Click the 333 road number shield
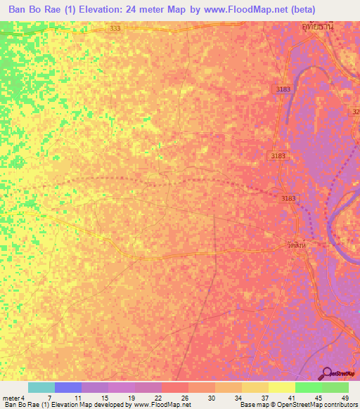click(x=116, y=27)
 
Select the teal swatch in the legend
click(x=41, y=387)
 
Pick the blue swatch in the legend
click(x=68, y=387)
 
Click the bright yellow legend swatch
click(x=282, y=387)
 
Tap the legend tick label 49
click(x=345, y=398)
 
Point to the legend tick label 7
click(x=49, y=398)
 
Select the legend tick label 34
click(x=238, y=398)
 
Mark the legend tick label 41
click(x=292, y=398)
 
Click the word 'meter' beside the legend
click(x=11, y=398)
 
